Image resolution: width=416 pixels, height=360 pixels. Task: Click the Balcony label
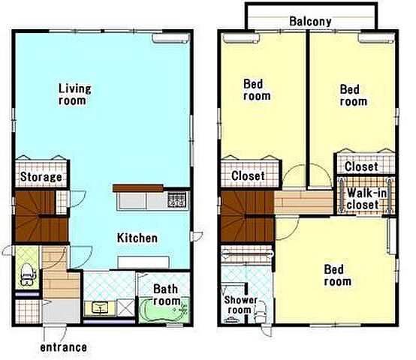pyautogui.click(x=310, y=22)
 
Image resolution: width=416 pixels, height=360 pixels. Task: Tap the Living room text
pyautogui.click(x=74, y=94)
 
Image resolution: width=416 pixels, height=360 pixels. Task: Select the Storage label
pyautogui.click(x=41, y=177)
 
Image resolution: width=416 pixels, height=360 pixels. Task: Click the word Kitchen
pyautogui.click(x=137, y=238)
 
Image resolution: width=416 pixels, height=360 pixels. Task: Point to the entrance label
pyautogui.click(x=63, y=347)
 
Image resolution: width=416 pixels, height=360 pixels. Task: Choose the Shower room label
pyautogui.click(x=240, y=305)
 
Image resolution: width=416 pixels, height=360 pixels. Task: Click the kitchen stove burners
pyautogui.click(x=177, y=200)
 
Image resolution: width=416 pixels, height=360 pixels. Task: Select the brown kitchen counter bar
pyautogui.click(x=137, y=188)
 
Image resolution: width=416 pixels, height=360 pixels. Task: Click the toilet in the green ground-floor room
pyautogui.click(x=28, y=274)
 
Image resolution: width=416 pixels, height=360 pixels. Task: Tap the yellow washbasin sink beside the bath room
pyautogui.click(x=100, y=308)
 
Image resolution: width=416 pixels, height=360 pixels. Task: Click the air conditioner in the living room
pyautogui.click(x=171, y=38)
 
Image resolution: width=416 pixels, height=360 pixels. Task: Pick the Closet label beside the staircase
pyautogui.click(x=248, y=175)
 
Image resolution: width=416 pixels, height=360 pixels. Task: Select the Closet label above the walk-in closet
pyautogui.click(x=361, y=166)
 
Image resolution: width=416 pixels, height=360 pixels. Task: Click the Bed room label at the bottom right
pyautogui.click(x=337, y=275)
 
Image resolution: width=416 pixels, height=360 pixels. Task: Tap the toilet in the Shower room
pyautogui.click(x=261, y=313)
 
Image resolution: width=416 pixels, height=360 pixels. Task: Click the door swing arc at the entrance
pyautogui.click(x=64, y=334)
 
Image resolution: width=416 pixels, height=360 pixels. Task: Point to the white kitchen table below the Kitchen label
pyautogui.click(x=143, y=262)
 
